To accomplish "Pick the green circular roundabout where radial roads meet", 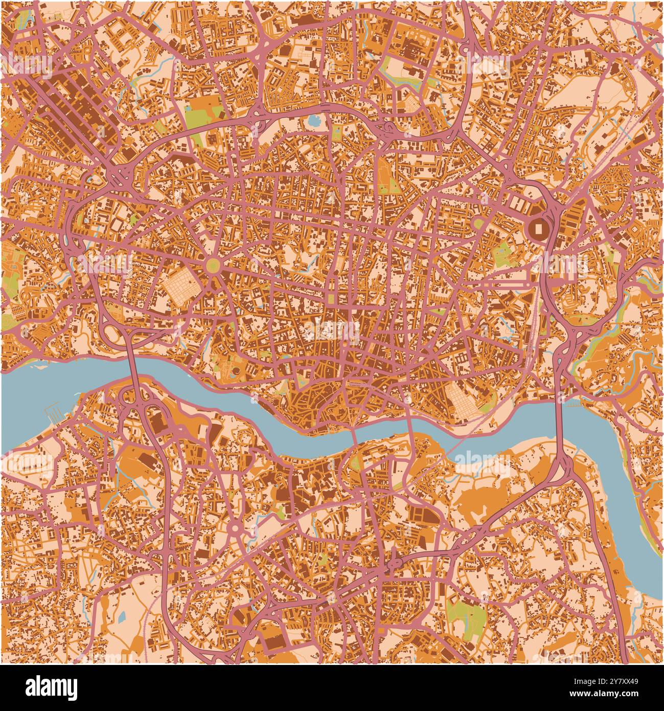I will tap(213, 265).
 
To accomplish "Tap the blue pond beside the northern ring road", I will tap(312, 121).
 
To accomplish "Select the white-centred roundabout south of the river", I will tap(234, 528).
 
